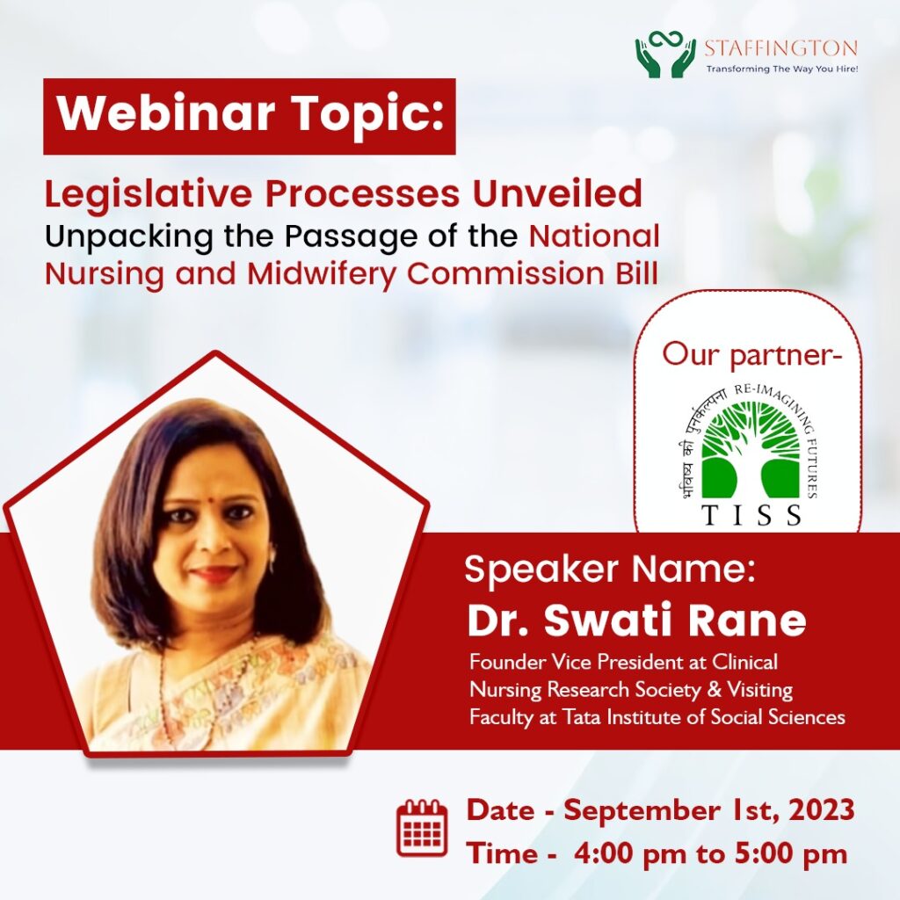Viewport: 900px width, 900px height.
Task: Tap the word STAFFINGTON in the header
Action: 780,48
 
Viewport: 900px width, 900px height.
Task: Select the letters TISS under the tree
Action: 751,515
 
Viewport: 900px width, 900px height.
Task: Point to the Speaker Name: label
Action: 610,570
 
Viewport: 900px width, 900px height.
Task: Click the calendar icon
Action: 422,827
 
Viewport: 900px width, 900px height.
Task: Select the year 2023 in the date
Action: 822,810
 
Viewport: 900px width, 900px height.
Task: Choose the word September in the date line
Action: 641,811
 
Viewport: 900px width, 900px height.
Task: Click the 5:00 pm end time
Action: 791,853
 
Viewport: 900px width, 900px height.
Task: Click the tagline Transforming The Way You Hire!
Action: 781,69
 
